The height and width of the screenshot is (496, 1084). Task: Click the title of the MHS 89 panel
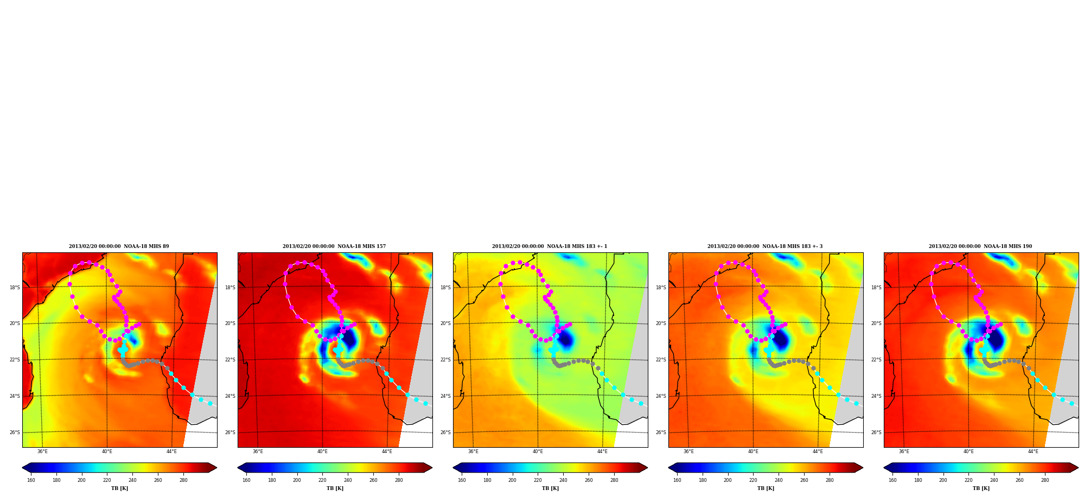click(119, 246)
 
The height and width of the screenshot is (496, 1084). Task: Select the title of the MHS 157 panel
click(334, 246)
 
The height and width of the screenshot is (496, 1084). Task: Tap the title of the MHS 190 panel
click(980, 246)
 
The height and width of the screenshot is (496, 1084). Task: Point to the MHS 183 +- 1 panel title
click(550, 246)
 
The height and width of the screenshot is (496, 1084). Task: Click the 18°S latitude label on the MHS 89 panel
click(15, 288)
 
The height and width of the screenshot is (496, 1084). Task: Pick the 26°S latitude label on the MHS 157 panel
click(230, 433)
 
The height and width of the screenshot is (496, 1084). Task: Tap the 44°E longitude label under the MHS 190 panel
click(1033, 452)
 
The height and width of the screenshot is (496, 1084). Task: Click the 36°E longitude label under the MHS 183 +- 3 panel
click(688, 452)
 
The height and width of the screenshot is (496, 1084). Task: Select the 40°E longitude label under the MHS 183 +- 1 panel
click(538, 452)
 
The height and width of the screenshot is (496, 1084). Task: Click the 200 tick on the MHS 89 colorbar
click(81, 480)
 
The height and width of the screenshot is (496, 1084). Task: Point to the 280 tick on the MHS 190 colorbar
click(1045, 480)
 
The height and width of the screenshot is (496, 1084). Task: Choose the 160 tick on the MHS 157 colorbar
click(246, 480)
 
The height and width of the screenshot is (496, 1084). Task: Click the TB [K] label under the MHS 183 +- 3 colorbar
click(766, 488)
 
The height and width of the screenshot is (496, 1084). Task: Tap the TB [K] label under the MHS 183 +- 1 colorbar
click(550, 488)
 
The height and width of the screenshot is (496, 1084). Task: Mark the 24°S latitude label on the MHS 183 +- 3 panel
click(661, 396)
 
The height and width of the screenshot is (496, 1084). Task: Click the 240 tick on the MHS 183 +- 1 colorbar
click(563, 480)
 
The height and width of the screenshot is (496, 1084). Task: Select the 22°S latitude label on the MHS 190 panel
click(876, 360)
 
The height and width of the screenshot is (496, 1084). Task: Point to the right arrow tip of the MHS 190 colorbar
click(1078, 468)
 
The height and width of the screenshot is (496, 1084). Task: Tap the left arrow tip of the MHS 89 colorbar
click(22, 468)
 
